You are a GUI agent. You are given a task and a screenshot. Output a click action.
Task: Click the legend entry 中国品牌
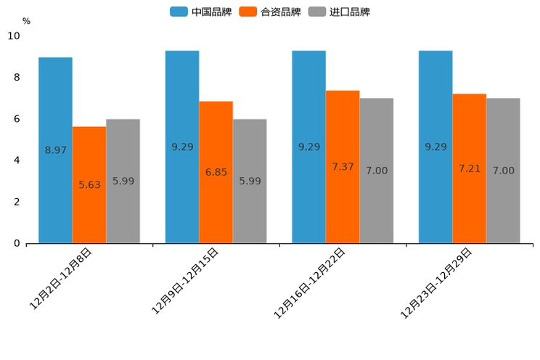(201, 12)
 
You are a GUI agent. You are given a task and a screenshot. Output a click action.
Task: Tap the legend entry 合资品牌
(270, 12)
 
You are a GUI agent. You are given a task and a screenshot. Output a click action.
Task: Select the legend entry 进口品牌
(339, 12)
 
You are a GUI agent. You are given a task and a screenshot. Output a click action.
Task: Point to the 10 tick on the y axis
(14, 36)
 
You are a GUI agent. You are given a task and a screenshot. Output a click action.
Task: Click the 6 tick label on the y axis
(17, 119)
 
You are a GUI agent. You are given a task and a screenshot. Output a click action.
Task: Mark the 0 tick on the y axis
(17, 243)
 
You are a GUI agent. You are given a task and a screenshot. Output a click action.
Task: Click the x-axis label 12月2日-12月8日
(61, 279)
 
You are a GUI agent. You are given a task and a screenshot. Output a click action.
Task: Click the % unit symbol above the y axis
(26, 21)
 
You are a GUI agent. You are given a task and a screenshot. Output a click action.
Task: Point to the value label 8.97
(56, 150)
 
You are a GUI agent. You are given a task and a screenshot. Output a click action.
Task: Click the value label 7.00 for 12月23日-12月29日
(503, 171)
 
